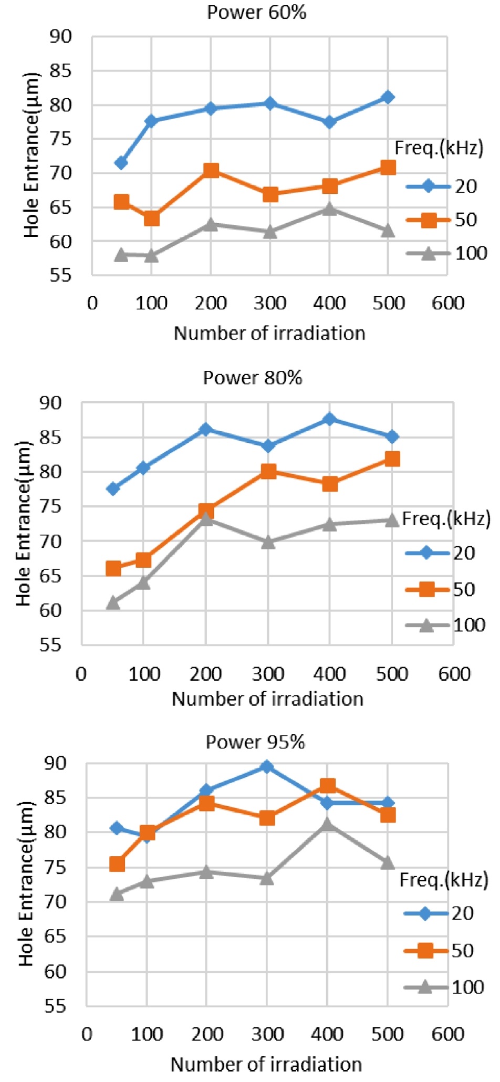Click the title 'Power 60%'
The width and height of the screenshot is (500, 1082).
(256, 12)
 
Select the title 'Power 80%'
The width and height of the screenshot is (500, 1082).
(253, 378)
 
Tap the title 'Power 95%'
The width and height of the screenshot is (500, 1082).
(255, 742)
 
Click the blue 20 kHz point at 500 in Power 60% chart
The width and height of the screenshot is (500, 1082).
(388, 97)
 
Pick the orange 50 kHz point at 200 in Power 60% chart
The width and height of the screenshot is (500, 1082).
(211, 170)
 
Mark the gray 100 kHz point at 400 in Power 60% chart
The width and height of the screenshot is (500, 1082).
(329, 209)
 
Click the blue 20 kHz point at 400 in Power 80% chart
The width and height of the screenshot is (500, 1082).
(329, 419)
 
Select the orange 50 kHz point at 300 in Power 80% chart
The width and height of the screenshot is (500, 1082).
(268, 471)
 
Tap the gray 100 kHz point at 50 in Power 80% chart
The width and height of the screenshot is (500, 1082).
(113, 602)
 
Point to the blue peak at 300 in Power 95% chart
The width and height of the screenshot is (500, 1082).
(267, 767)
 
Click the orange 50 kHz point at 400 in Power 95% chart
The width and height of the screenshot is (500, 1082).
(328, 786)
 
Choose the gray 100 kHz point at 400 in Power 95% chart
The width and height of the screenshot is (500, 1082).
(327, 824)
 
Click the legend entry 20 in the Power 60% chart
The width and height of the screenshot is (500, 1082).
(465, 186)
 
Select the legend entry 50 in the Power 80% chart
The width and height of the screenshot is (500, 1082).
(464, 589)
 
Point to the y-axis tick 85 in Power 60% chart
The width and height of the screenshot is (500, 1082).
(60, 71)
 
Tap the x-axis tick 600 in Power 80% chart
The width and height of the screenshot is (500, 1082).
(455, 674)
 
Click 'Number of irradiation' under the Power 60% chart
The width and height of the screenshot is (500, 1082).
(269, 333)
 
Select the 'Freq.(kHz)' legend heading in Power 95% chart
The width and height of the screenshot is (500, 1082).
(444, 879)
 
